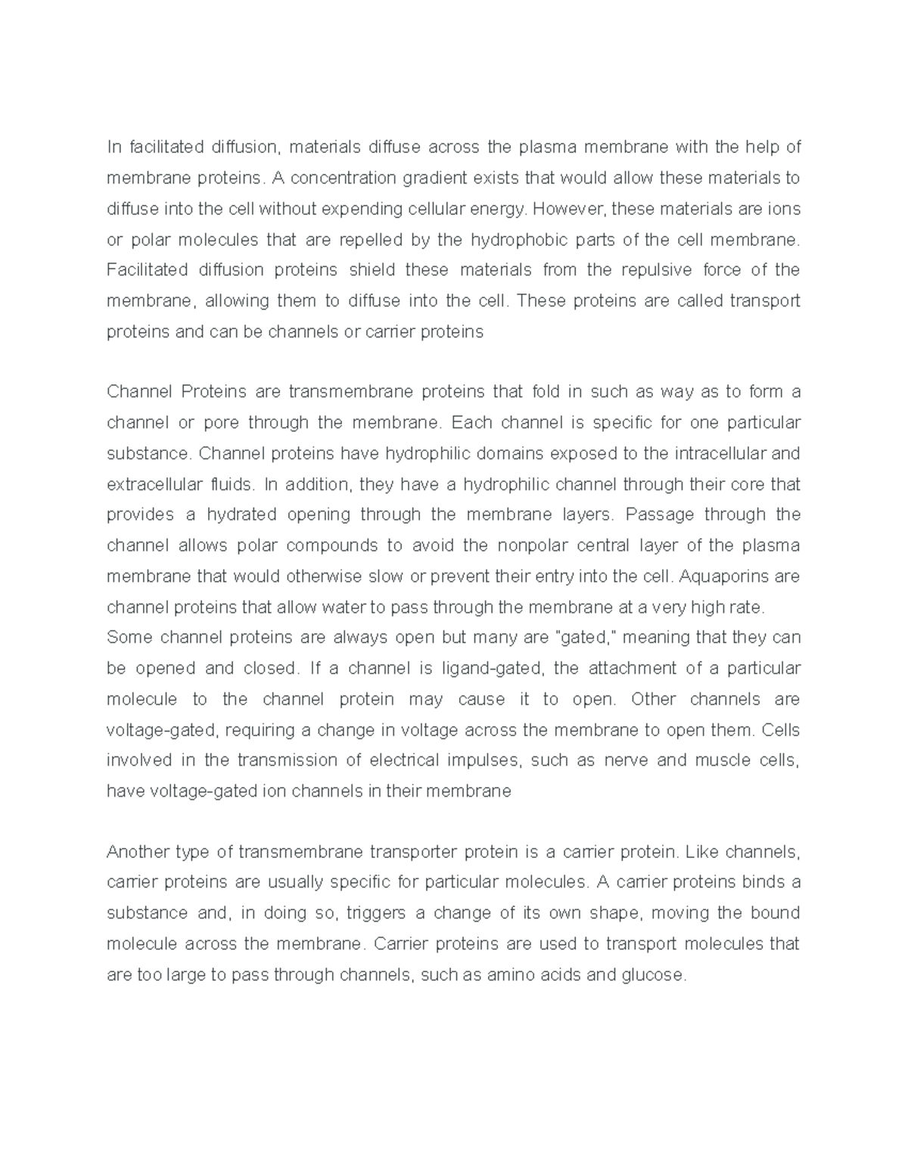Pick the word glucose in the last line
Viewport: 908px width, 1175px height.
[652, 975]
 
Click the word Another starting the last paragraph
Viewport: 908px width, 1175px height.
[137, 852]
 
